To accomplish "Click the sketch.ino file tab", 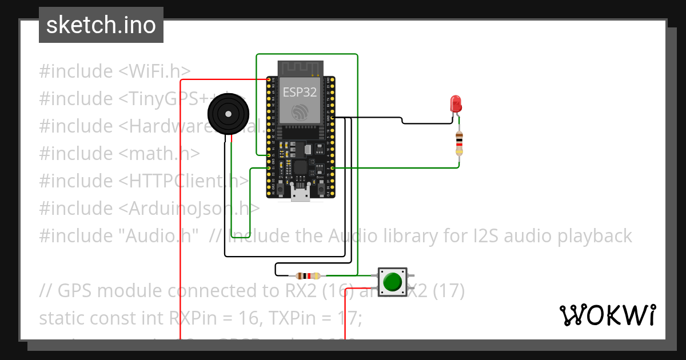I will [101, 25].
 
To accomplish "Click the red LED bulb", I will [456, 103].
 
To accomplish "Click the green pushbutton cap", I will [392, 282].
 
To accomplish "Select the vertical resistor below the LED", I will [459, 143].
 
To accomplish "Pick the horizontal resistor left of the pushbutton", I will [308, 275].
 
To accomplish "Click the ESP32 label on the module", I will [300, 93].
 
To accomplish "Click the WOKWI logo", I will [607, 315].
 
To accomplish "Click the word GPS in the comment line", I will [75, 291].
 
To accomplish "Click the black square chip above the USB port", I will [299, 168].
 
